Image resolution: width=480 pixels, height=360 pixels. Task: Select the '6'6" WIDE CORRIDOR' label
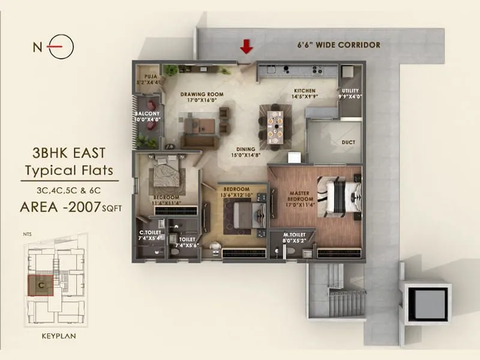(340, 45)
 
